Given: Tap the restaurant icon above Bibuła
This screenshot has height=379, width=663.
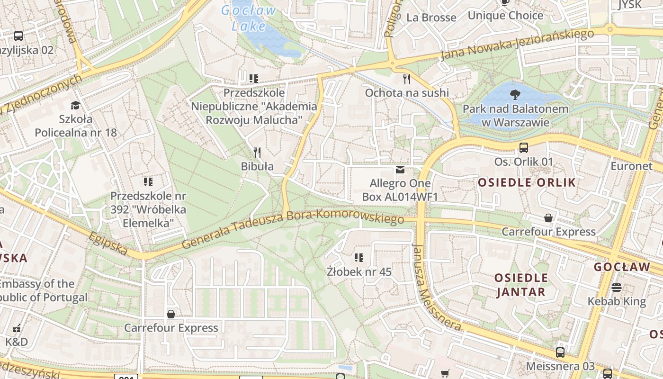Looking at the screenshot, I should click(x=257, y=152).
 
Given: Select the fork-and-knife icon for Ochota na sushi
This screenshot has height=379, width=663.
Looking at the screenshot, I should click(x=406, y=79).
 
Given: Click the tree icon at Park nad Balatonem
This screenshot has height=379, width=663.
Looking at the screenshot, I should click(x=515, y=95).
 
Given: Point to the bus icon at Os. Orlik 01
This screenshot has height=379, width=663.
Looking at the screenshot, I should click(x=523, y=147).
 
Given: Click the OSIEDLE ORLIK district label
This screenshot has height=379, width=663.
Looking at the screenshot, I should click(x=527, y=182).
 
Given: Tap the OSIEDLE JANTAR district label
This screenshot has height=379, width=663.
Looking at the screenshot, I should click(x=521, y=285).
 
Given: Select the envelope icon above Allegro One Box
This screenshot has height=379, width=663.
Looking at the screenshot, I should click(x=400, y=170).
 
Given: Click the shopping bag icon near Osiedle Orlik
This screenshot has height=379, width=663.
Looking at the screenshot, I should click(x=548, y=218).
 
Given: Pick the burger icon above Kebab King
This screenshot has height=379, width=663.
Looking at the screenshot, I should click(x=616, y=287).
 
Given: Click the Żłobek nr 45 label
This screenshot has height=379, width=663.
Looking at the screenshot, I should click(x=359, y=272).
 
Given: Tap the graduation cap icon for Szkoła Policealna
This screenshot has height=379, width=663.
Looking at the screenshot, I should click(x=75, y=105).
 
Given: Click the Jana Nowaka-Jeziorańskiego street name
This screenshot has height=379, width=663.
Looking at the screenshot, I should click(x=517, y=45).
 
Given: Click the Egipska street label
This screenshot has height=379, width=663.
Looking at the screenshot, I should click(x=108, y=243).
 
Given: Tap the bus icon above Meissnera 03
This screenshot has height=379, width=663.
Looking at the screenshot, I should click(x=560, y=352).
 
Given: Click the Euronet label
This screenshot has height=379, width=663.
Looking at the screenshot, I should click(x=631, y=166).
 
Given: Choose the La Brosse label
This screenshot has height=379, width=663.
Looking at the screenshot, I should click(x=431, y=18).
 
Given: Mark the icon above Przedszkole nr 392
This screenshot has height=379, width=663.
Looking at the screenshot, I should click(x=148, y=181).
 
